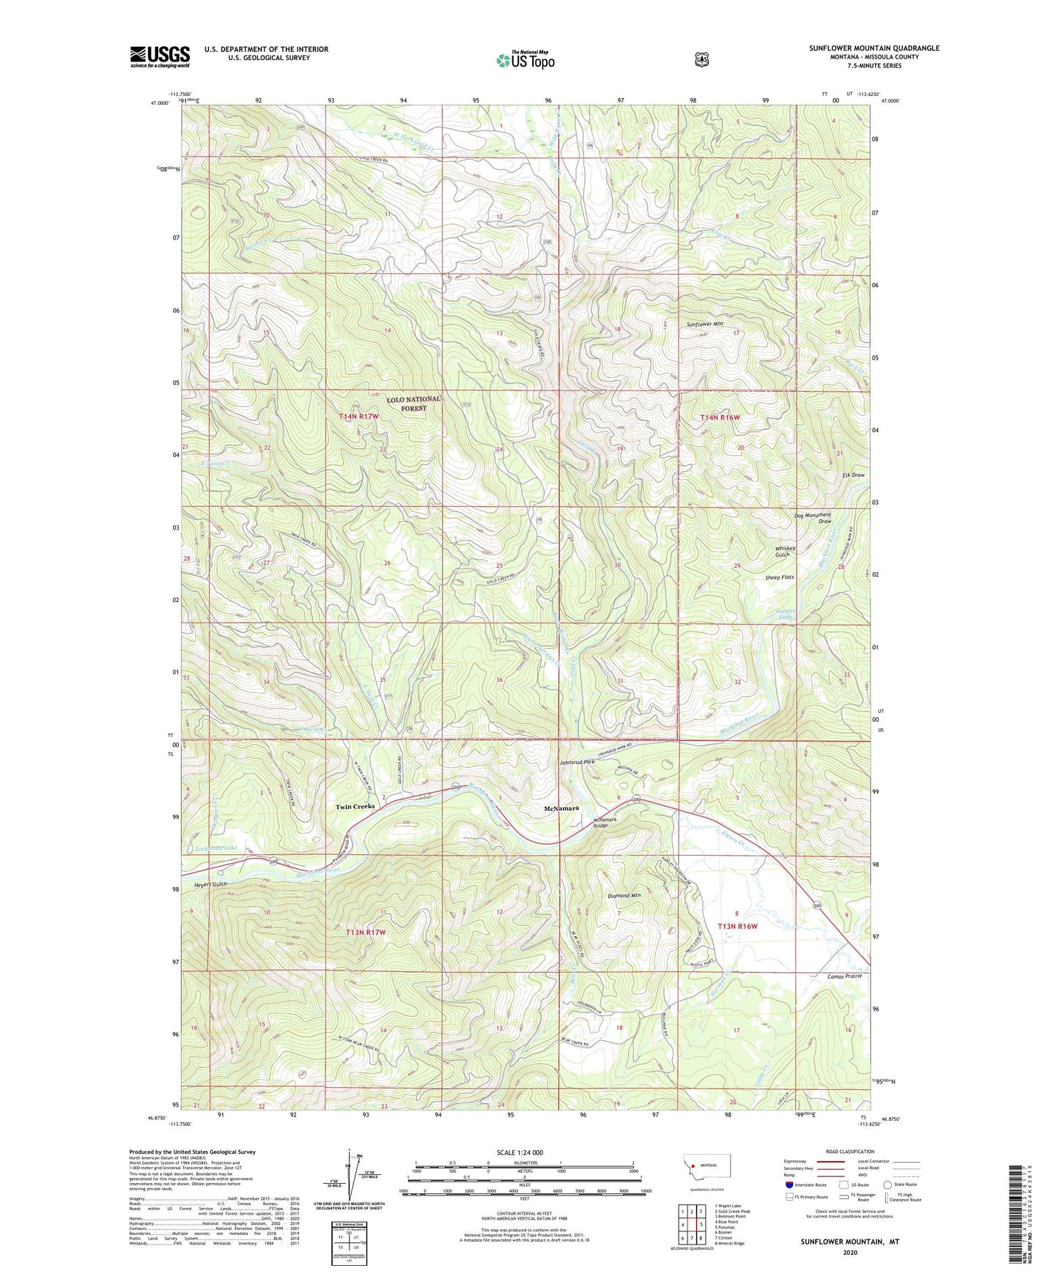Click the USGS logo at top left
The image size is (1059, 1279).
[x=160, y=56]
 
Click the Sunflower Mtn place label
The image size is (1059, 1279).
[x=704, y=324]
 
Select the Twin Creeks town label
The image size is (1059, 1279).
[x=355, y=807]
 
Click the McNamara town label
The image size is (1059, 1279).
[x=561, y=809]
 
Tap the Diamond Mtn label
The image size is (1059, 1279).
[x=624, y=896]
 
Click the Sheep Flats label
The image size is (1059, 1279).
[x=779, y=577]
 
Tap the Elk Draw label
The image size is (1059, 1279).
[x=852, y=475]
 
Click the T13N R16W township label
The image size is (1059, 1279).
[x=737, y=926]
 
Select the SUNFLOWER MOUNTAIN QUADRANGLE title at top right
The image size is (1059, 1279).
[x=874, y=48]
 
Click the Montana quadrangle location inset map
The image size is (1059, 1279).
[x=704, y=1186]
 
